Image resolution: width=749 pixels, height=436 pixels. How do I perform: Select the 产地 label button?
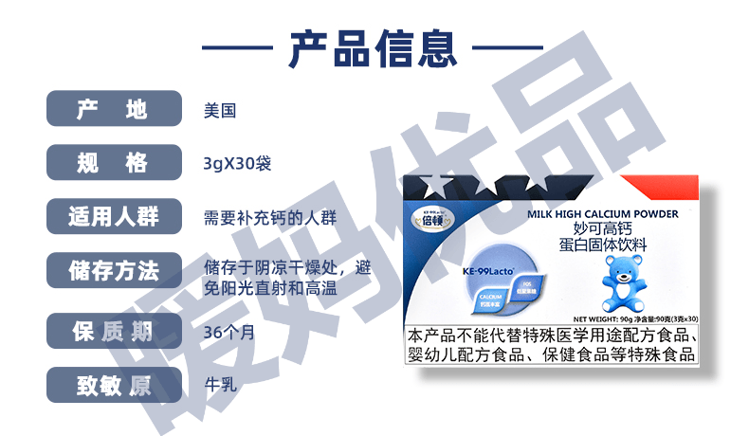click(114, 109)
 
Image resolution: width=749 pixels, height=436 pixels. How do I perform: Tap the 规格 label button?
click(114, 163)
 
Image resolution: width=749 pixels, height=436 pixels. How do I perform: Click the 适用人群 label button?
click(114, 217)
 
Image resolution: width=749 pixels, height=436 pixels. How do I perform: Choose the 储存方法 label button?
click(114, 271)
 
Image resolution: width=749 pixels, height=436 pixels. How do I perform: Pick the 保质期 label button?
click(114, 332)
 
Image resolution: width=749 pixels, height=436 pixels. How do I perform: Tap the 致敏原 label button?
click(114, 386)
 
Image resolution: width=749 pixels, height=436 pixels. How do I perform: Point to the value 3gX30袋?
click(237, 164)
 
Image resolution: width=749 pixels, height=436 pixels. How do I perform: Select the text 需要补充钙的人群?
click(270, 218)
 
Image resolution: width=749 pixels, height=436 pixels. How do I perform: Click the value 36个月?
click(228, 333)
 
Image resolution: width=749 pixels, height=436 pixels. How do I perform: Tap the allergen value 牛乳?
click(219, 386)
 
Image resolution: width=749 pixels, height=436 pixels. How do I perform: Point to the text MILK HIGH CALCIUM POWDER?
click(602, 214)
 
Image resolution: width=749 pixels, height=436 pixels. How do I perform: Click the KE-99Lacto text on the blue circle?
click(487, 270)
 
